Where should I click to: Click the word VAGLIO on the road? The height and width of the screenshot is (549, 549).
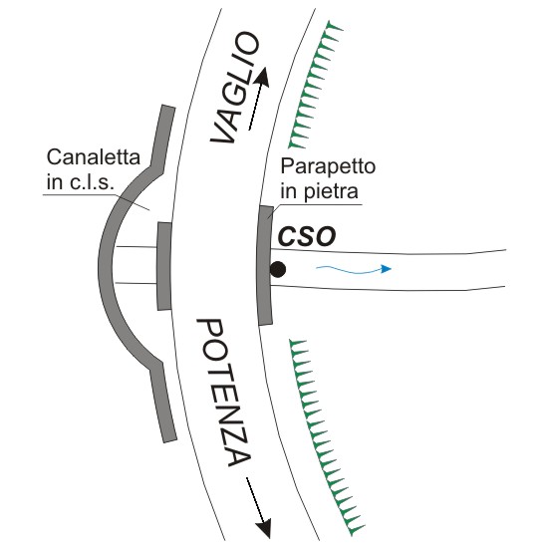234,88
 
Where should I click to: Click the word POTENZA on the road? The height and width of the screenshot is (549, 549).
224,393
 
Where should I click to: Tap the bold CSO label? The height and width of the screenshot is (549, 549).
307,237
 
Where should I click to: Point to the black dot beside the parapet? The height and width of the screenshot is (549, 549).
278,270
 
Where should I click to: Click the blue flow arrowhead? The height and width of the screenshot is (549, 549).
387,269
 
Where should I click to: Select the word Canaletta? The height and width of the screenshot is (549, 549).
94,157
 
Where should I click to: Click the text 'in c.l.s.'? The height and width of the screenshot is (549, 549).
80,182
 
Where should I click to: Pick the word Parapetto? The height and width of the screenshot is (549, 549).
328,166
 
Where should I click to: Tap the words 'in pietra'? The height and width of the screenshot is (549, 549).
319,191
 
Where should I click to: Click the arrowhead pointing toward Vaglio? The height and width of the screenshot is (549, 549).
263,77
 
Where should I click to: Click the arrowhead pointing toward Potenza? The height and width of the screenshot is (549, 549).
264,528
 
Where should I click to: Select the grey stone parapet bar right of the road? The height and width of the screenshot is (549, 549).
265,265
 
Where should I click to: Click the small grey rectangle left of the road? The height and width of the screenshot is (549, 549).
164,266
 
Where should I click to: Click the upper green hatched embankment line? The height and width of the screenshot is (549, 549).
312,84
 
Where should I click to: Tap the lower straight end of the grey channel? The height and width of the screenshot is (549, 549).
163,403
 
